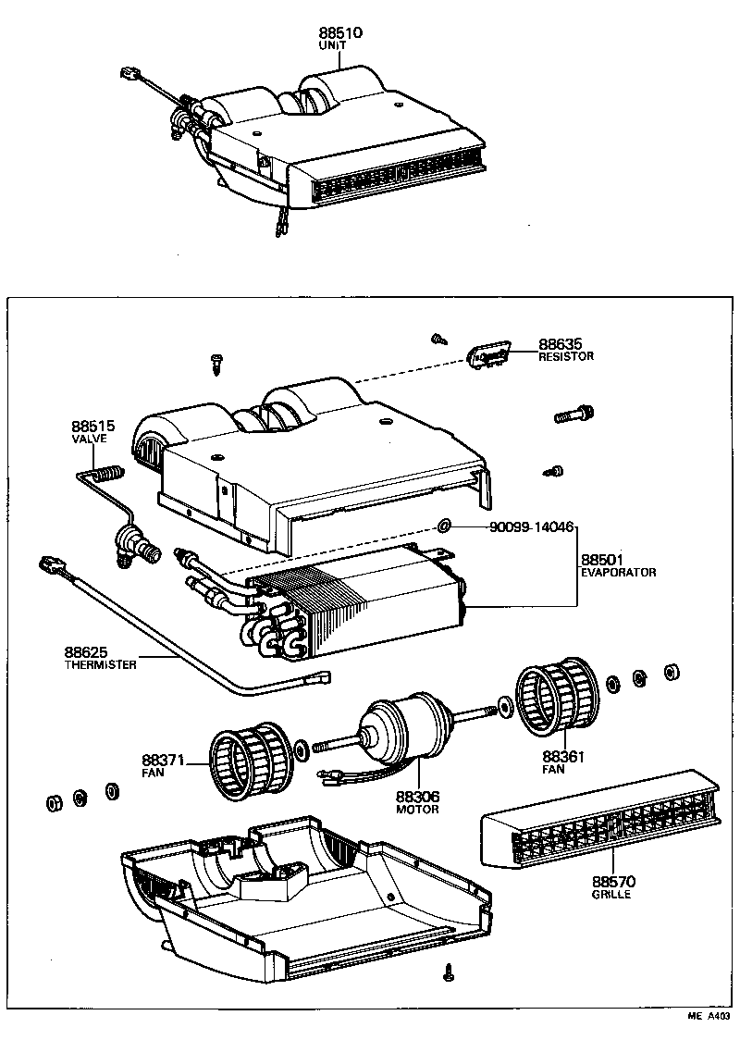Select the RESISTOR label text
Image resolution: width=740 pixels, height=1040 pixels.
pyautogui.click(x=565, y=356)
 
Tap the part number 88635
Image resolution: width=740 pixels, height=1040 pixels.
pyautogui.click(x=561, y=344)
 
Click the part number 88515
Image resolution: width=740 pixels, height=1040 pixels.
pyautogui.click(x=92, y=427)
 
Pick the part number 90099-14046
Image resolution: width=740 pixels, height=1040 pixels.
pyautogui.click(x=532, y=526)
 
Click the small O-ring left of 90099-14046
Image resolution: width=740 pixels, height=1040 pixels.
pyautogui.click(x=445, y=526)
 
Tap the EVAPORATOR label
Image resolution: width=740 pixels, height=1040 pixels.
pyautogui.click(x=618, y=573)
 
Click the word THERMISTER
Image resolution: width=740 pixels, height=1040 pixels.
pyautogui.click(x=100, y=665)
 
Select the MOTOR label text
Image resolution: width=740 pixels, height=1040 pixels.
pyautogui.click(x=417, y=809)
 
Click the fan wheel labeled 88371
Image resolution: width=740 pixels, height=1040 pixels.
pyautogui.click(x=244, y=761)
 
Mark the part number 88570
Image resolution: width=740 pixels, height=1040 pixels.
pyautogui.click(x=612, y=883)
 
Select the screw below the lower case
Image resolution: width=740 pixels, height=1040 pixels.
pyautogui.click(x=450, y=972)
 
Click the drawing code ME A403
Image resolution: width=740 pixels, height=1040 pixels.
pyautogui.click(x=707, y=1017)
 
